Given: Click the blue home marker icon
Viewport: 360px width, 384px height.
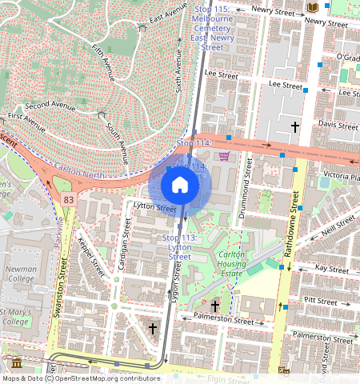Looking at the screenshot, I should click(x=180, y=185).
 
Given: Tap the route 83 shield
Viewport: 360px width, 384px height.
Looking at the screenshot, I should click(x=69, y=198).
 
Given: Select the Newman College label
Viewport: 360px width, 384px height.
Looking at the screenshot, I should click(x=21, y=275).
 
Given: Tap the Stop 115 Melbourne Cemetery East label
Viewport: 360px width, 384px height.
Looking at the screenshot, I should click(x=212, y=27).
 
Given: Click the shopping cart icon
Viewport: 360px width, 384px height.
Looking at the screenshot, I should click(x=224, y=156).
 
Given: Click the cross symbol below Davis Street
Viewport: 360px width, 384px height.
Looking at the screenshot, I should click(x=294, y=127).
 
